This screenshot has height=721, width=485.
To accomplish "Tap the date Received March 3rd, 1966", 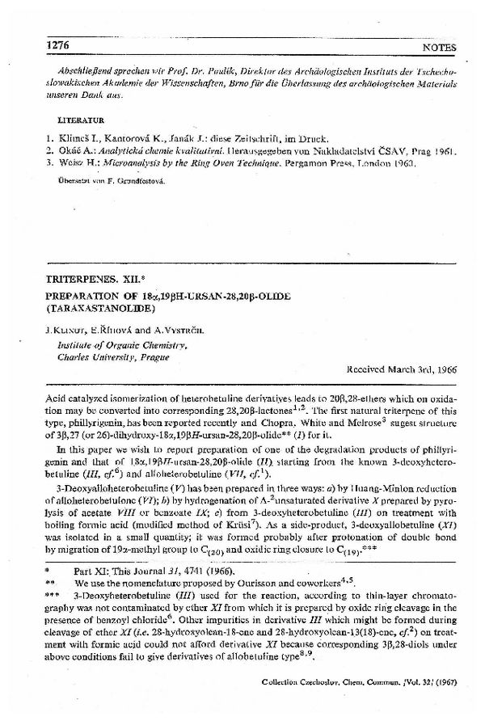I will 401,369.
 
